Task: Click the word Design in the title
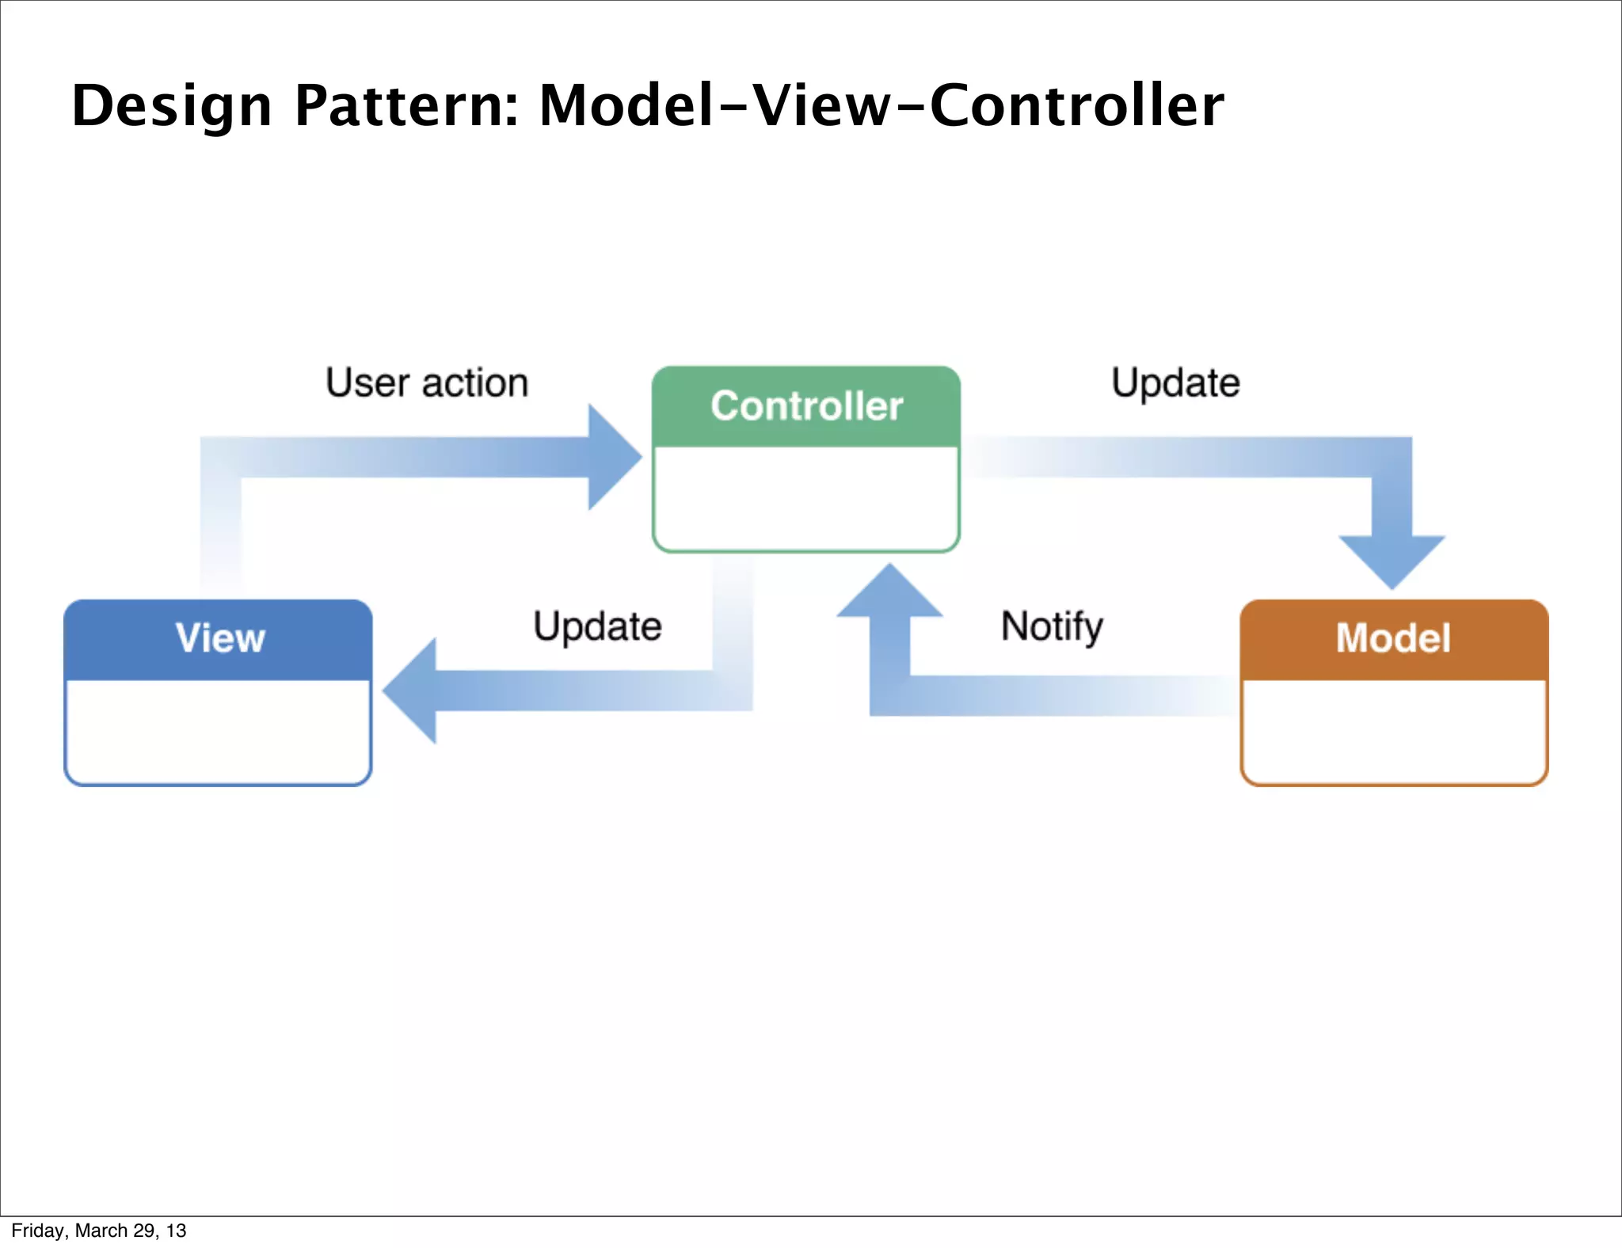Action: click(x=172, y=106)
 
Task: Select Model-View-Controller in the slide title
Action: click(x=881, y=106)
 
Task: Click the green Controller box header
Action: click(x=806, y=406)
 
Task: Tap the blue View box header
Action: click(x=219, y=638)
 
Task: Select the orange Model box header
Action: click(x=1393, y=638)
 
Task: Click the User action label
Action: click(x=427, y=383)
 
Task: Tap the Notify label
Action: click(x=1052, y=626)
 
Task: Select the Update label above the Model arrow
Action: click(x=1175, y=383)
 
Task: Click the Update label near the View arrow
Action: click(x=597, y=626)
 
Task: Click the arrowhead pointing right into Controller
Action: click(x=614, y=457)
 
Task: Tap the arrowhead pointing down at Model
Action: click(x=1392, y=561)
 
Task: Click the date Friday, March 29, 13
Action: click(x=99, y=1231)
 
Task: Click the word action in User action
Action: click(x=475, y=383)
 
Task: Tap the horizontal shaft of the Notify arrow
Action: click(x=1053, y=696)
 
